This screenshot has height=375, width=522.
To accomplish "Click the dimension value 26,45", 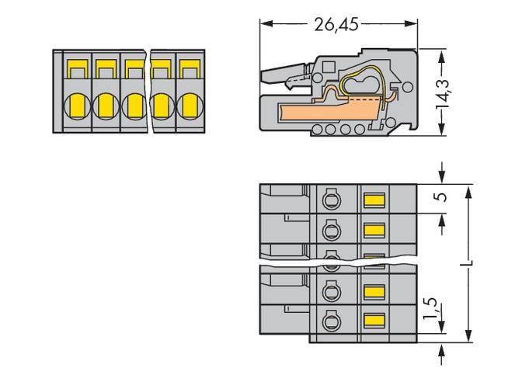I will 337,25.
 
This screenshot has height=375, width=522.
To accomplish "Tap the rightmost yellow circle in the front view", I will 188,104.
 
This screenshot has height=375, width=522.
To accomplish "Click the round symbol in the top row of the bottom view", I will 329,200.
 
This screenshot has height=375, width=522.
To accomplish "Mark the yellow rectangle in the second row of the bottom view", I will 374,230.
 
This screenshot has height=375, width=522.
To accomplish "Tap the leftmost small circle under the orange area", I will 318,129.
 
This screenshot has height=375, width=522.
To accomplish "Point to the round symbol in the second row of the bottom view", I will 329,230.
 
